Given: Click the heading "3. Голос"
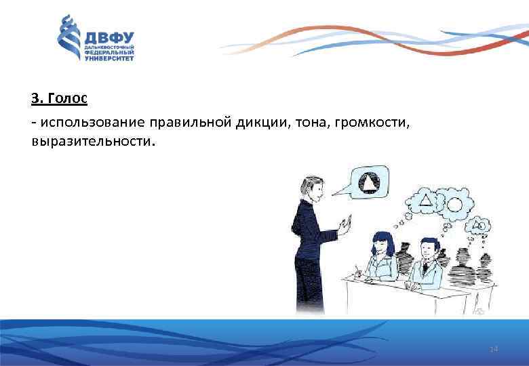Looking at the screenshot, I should [59, 98].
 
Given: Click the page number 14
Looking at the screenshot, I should [493, 348].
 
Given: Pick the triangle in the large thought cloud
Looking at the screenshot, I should [427, 200].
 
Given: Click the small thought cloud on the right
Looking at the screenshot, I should [480, 225].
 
